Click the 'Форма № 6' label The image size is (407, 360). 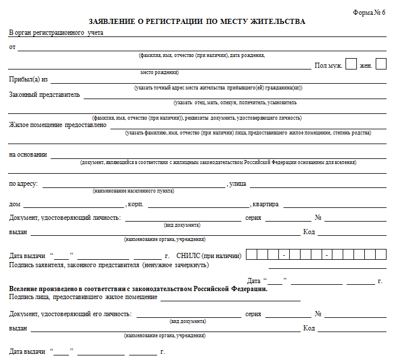tap(369, 12)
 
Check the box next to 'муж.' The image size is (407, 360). tap(351, 64)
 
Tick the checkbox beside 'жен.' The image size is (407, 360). tap(381, 64)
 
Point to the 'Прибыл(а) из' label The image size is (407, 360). tap(28, 80)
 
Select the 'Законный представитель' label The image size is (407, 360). tap(45, 95)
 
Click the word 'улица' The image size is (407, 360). tap(237, 184)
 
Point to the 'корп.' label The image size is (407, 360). tap(135, 204)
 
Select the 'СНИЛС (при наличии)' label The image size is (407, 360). tap(208, 256)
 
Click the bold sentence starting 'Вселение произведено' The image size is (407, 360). tap(138, 289)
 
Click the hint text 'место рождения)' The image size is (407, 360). tap(159, 72)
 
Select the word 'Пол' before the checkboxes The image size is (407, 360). tap(321, 66)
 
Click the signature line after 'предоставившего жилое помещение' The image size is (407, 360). tap(230, 298)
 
